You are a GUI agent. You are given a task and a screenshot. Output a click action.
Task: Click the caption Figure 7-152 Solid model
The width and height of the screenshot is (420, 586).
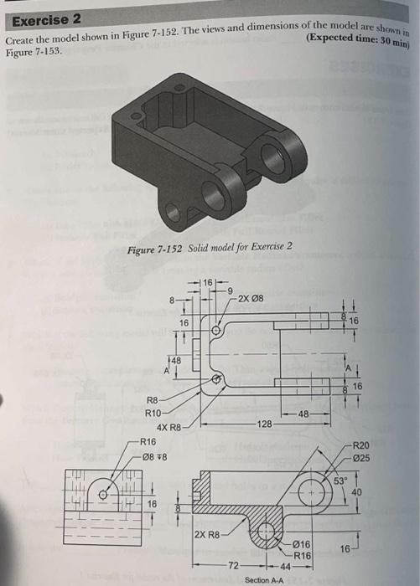[x=209, y=246]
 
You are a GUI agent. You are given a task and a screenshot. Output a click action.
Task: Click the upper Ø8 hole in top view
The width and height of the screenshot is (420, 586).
[x=215, y=331]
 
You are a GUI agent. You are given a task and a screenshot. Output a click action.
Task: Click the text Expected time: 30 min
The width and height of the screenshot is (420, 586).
[x=361, y=39]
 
